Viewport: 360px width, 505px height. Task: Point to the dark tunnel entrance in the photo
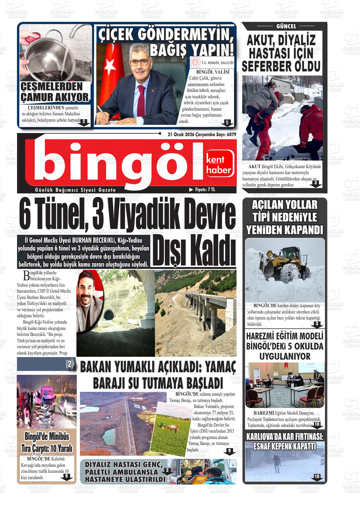(109, 315)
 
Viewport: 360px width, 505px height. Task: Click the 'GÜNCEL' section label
(286, 27)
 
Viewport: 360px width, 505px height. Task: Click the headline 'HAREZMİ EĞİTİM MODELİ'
(285, 336)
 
